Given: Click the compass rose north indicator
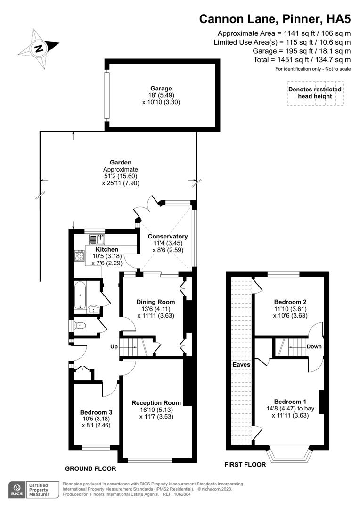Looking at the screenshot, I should (39, 48).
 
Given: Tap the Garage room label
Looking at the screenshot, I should (161, 88).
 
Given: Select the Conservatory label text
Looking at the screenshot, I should (168, 237).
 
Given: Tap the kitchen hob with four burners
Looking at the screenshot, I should (79, 257).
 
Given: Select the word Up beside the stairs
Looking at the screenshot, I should (114, 346).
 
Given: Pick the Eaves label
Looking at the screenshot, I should (241, 364).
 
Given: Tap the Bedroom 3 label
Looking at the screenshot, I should (96, 411).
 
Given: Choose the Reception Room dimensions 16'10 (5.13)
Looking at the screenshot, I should (156, 410).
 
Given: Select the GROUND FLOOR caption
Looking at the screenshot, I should (90, 469).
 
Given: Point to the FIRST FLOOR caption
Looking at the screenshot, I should (245, 465).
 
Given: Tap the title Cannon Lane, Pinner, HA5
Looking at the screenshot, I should (275, 19).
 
